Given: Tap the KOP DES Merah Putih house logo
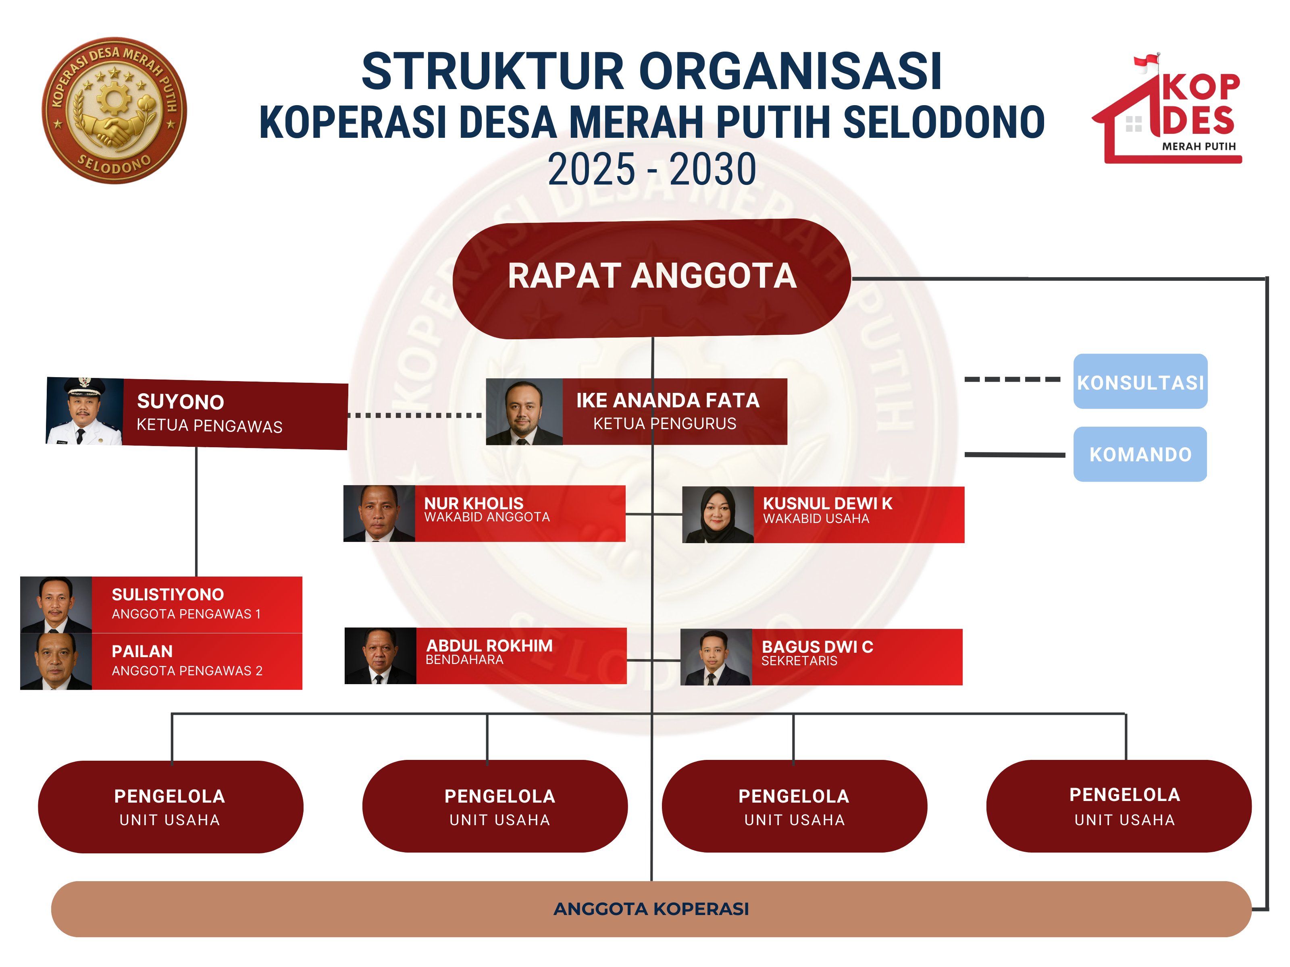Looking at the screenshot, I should click(1167, 111).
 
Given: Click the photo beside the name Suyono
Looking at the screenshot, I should click(85, 411).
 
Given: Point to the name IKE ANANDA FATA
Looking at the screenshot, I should click(667, 400).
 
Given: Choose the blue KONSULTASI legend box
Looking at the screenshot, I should click(1140, 382).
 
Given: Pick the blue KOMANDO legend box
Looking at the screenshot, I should click(1140, 454).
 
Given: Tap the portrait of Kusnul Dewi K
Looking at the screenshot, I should click(718, 515).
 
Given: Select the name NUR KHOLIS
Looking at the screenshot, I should click(474, 502).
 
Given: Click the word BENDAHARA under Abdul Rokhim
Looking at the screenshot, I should click(464, 660).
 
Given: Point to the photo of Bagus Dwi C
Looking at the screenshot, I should click(716, 657).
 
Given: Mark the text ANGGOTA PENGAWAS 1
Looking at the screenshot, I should click(186, 614).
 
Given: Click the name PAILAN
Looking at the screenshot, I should click(142, 651).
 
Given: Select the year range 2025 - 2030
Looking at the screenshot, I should click(651, 170).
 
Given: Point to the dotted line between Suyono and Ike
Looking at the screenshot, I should click(415, 415).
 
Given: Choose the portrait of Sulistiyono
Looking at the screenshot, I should click(56, 604).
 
